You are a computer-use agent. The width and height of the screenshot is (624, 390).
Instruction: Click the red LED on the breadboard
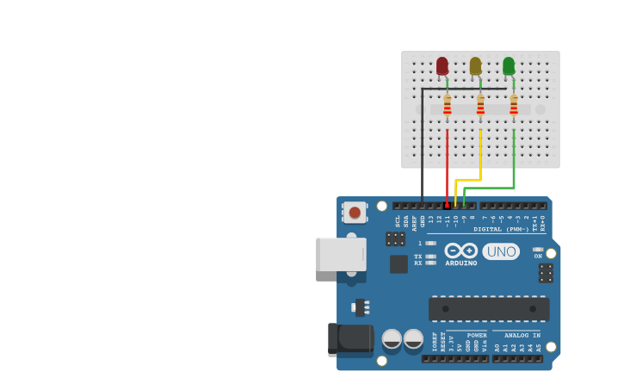tap(442, 65)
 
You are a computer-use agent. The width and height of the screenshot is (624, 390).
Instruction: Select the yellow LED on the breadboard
tap(475, 65)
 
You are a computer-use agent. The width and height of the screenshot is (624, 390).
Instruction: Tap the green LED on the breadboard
tap(509, 65)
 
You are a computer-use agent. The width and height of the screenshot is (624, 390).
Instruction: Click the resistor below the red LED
tap(447, 105)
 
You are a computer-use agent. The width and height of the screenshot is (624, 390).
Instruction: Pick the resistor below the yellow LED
tap(480, 105)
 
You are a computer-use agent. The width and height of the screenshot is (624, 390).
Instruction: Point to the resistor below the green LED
tap(514, 105)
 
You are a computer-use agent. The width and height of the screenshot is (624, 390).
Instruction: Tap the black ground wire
tap(422, 146)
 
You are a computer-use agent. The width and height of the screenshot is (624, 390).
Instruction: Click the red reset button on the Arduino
tap(354, 212)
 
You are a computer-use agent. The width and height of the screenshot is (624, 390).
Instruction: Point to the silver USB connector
tap(340, 254)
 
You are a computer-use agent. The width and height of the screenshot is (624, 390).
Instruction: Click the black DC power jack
tap(349, 338)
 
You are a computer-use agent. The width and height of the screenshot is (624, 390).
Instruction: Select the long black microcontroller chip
tap(488, 308)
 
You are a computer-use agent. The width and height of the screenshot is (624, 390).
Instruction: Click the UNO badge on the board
tap(501, 251)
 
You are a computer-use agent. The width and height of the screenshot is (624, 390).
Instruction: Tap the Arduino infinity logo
tap(461, 251)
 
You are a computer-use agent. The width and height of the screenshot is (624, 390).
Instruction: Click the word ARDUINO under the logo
tap(461, 263)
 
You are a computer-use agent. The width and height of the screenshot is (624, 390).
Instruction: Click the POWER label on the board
tap(477, 335)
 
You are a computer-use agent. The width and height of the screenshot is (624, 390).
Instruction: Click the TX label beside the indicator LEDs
tap(418, 257)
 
